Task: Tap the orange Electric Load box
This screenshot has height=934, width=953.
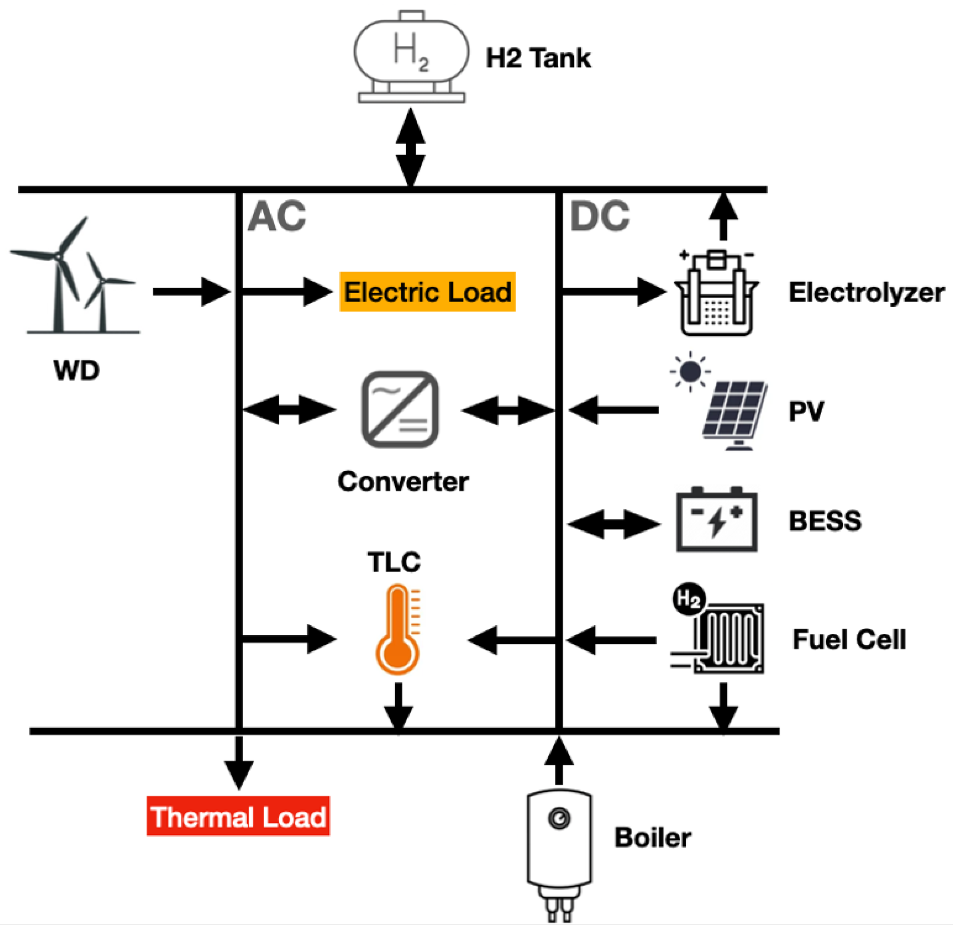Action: pos(427,292)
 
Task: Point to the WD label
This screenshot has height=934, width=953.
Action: pos(77,370)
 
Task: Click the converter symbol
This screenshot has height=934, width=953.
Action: pos(400,410)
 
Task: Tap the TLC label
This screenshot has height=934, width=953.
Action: pos(394,563)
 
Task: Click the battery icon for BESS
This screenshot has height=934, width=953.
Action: pos(716,520)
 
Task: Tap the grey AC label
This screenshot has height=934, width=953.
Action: pos(277,216)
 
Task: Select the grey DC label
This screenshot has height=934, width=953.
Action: pos(599,216)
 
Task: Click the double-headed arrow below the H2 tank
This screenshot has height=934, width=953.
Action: pos(410,147)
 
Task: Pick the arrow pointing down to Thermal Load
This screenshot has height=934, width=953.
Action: pos(239,763)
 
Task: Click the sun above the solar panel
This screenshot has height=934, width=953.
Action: pos(690,372)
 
